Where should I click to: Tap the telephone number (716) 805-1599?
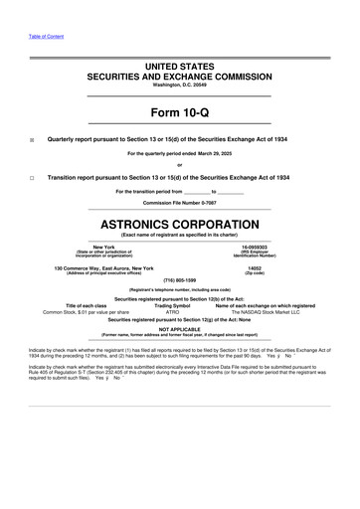[180, 280]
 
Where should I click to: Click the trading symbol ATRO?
[179, 311]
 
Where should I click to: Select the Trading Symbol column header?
[179, 304]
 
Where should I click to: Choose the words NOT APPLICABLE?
[180, 327]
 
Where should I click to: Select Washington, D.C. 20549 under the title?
[180, 85]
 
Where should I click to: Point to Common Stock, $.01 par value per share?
[80, 311]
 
